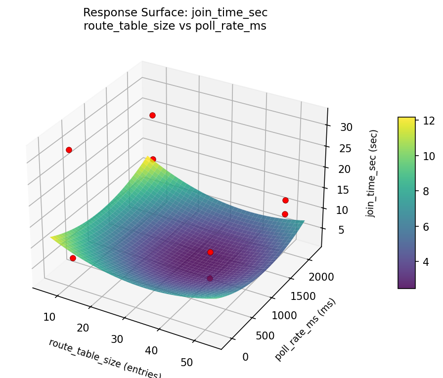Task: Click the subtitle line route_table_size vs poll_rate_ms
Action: pos(175,26)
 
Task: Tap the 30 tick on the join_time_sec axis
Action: pos(346,127)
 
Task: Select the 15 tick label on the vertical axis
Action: pos(341,190)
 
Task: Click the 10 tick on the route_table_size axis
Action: pos(49,317)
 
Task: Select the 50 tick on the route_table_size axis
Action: pos(187,362)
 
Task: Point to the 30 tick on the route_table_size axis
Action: pos(117,339)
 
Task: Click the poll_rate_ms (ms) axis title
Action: pos(305,330)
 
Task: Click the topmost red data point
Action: pos(152,115)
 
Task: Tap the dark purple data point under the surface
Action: pos(210,278)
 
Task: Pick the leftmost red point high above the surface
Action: pos(69,150)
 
